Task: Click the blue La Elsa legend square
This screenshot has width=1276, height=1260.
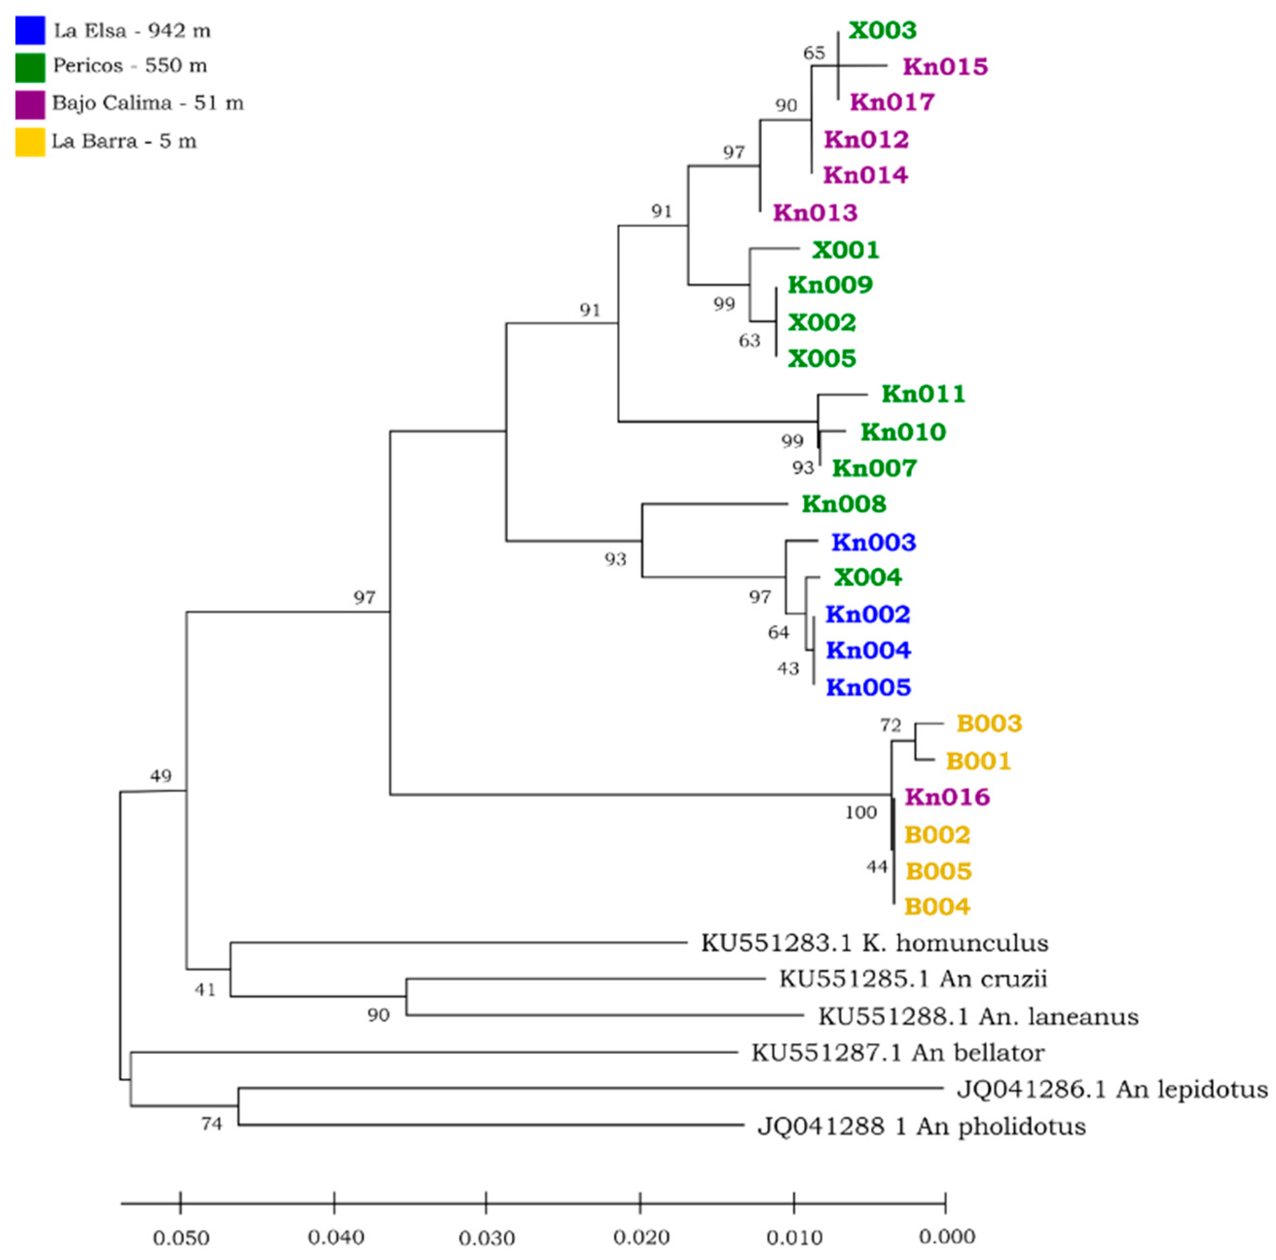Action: (30, 30)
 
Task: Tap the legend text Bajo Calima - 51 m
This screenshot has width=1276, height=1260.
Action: (147, 103)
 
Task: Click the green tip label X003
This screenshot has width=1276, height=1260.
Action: (882, 30)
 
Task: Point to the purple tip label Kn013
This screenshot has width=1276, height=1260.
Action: (815, 213)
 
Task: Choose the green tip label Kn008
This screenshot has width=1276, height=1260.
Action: (843, 504)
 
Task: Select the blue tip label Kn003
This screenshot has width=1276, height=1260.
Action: (873, 542)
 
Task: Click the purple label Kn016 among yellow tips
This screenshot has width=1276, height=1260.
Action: (947, 797)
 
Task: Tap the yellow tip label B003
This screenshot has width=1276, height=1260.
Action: (989, 724)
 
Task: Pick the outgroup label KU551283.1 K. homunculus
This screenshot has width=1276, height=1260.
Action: (875, 943)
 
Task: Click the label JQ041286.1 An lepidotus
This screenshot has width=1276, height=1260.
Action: (1112, 1089)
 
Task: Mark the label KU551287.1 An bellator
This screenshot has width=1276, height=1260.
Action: (897, 1053)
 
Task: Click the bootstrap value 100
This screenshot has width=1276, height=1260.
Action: (860, 813)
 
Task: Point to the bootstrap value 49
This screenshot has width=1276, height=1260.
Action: (161, 776)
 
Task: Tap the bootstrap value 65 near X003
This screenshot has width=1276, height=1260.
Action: (814, 53)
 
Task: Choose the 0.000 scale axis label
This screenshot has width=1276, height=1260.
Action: (947, 1236)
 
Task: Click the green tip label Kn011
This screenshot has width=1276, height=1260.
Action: (923, 394)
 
